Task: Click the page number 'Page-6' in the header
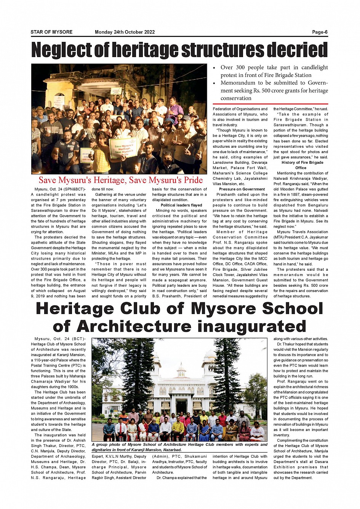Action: (x=320, y=32)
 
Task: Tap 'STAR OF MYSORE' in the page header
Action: (x=51, y=32)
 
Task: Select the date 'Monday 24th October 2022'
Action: (x=125, y=32)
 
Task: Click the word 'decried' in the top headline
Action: (x=297, y=50)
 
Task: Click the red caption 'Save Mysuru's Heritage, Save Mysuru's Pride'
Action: (x=121, y=180)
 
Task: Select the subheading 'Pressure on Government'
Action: (x=242, y=189)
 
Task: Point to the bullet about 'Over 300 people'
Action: (x=274, y=71)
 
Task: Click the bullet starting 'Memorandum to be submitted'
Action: (x=274, y=90)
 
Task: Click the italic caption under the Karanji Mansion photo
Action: (x=179, y=447)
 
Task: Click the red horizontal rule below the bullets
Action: (x=270, y=104)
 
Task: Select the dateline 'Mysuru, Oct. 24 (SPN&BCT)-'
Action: (x=60, y=189)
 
